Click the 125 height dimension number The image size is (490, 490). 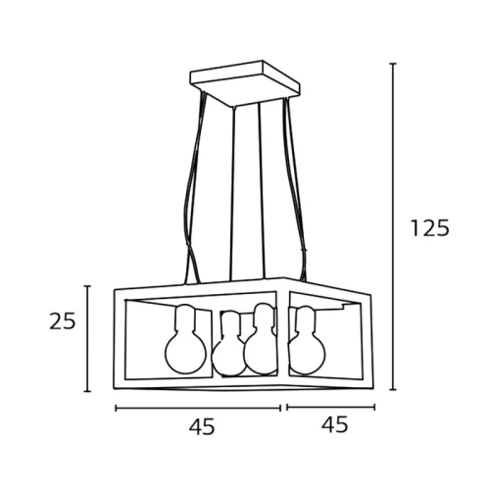coord(430,227)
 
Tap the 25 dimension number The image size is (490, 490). coord(63,321)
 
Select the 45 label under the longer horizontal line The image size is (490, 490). coord(202,426)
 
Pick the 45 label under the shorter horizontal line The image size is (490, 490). coord(335,424)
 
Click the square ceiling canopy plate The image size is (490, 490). coord(245,83)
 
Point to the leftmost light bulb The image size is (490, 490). coord(185,340)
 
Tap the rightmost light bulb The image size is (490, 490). coord(307,340)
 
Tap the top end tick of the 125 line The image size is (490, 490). coord(393,64)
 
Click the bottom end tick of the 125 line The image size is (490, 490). coord(393,389)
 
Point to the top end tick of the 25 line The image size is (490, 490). coord(87,286)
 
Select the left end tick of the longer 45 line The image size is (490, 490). coord(116,408)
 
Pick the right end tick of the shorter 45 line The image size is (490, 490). coord(374,407)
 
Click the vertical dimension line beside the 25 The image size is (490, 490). coord(87,338)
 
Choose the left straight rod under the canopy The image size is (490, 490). coord(233,193)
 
